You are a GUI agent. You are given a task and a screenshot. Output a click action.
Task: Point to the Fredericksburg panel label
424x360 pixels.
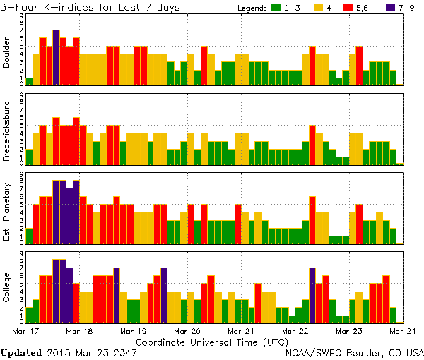[x=7, y=129]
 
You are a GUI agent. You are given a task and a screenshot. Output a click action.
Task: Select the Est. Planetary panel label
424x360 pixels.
[x=7, y=208]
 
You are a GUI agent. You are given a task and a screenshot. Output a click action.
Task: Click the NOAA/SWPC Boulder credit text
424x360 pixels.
[x=353, y=352]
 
